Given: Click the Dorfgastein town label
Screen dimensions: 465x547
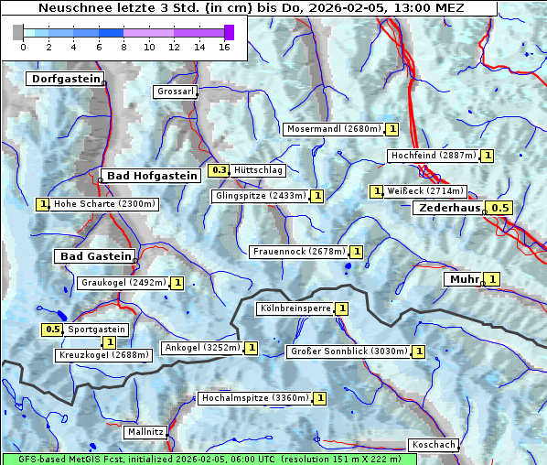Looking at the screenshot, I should [x=65, y=80].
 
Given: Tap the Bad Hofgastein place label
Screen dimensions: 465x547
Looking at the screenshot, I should [x=151, y=176].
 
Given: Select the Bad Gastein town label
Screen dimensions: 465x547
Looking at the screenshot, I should [x=96, y=256].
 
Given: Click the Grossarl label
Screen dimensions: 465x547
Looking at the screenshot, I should [x=176, y=92].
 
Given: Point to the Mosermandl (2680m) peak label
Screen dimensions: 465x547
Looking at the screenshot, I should [x=333, y=129].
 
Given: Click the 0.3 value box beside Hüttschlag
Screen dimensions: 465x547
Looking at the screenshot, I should [x=219, y=170].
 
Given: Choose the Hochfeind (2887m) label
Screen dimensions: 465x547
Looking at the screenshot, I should [x=433, y=156].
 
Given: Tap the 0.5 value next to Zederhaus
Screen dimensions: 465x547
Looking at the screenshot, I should [x=499, y=209].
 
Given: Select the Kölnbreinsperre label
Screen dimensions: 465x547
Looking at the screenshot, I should [x=294, y=309].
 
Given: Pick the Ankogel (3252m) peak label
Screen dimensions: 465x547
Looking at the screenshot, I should [x=201, y=348].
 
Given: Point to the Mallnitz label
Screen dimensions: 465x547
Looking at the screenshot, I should [x=145, y=431].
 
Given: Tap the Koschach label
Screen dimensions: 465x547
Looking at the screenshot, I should [x=433, y=445].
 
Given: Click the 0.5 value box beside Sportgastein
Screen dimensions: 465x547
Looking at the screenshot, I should [x=53, y=330].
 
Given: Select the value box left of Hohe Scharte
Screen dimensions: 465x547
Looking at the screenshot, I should [x=42, y=204].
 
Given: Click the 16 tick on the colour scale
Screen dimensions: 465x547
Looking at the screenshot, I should [x=223, y=47].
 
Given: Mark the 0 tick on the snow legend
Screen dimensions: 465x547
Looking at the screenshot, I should [x=23, y=47].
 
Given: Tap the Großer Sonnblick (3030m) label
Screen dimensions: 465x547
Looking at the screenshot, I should [x=348, y=351].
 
